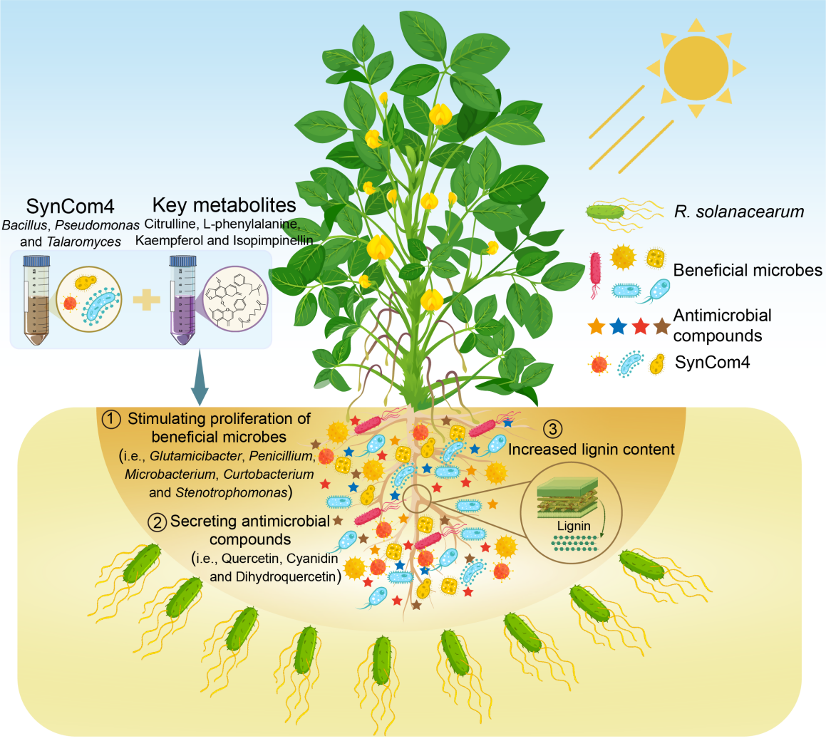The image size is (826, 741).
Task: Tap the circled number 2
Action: tap(156, 522)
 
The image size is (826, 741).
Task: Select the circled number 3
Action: tap(554, 429)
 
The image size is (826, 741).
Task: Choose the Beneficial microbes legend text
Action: tap(748, 270)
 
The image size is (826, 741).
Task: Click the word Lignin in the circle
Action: tap(573, 526)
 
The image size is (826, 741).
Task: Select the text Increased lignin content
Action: tap(591, 450)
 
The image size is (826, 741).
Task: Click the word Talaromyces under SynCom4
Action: tap(83, 242)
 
